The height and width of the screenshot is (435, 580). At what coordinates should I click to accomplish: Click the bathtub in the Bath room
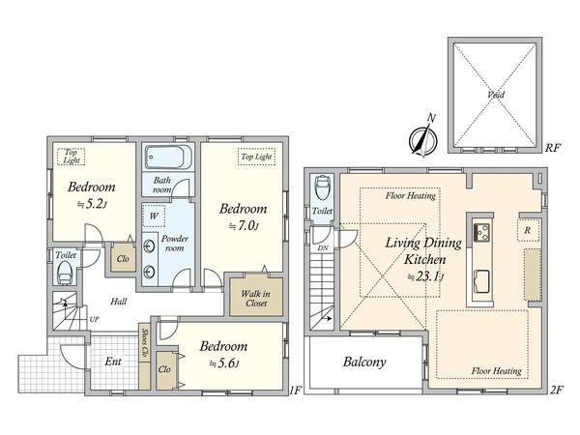[168, 157]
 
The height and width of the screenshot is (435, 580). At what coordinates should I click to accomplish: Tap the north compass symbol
[423, 138]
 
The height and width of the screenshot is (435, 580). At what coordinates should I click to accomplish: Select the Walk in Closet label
[255, 299]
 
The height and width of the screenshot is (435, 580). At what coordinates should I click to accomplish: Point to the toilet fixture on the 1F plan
[66, 273]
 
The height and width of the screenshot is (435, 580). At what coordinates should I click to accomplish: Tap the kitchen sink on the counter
[481, 281]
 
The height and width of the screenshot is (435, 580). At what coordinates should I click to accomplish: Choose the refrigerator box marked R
[528, 230]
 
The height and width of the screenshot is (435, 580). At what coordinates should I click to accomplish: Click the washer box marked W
[154, 216]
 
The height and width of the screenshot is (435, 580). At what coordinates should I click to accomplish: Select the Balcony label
[364, 362]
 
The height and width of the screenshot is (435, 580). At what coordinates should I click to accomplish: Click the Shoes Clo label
[145, 344]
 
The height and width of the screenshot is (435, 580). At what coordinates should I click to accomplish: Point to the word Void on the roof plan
[496, 95]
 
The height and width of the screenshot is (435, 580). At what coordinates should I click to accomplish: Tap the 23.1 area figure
[425, 276]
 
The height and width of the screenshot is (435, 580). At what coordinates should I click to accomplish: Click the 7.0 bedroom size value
[243, 225]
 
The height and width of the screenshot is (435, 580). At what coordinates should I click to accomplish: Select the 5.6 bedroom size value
[224, 363]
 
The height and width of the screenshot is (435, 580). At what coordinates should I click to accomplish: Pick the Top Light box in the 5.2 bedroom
[71, 157]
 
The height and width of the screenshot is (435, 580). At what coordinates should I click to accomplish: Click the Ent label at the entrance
[113, 361]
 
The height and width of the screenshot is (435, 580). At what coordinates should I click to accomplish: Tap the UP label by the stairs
[95, 319]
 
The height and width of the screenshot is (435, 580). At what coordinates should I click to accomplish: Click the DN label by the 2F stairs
[323, 248]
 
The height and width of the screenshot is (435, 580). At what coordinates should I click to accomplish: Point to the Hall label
[119, 302]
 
